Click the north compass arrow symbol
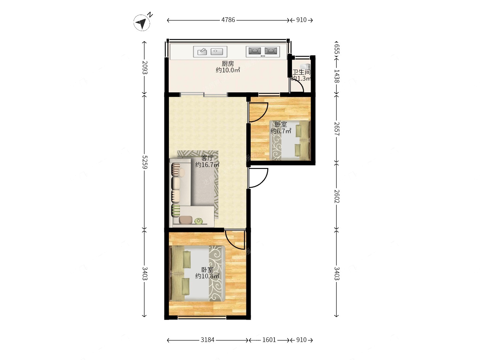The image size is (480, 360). (x=142, y=23)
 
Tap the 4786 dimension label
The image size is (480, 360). (x=228, y=20)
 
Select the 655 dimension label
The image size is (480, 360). (x=337, y=49)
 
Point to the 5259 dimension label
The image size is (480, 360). (x=145, y=162)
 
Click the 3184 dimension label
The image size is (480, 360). (x=208, y=340)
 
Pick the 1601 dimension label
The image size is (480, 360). (x=269, y=340)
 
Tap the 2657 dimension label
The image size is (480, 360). (x=337, y=129)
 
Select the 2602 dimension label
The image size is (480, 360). (x=337, y=196)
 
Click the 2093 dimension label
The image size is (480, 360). (x=145, y=67)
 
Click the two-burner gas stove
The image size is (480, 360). (x=263, y=52)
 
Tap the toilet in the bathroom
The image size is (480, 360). (x=305, y=66)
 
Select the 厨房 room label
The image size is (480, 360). (x=228, y=64)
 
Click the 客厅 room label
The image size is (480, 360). (x=207, y=158)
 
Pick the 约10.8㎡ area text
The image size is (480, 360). (x=207, y=276)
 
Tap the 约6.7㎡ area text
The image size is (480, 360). (x=281, y=131)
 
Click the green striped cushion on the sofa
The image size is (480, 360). (x=176, y=210)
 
